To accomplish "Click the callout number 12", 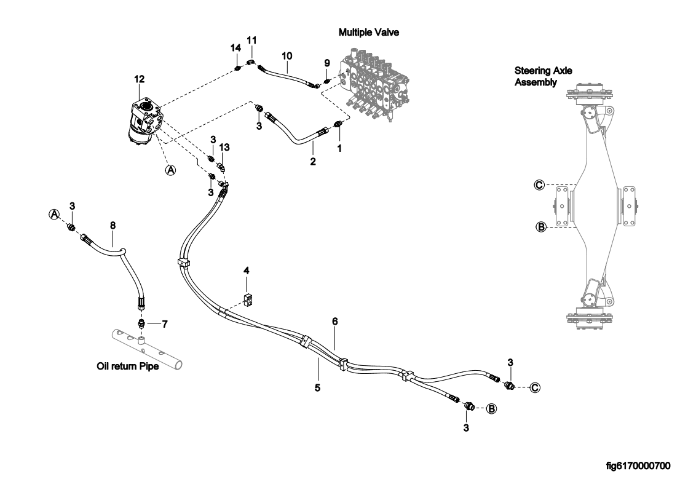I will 140,79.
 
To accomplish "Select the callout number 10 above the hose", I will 287,55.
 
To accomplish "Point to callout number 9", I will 327,62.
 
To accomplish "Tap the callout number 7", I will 164,323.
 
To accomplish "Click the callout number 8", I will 113,226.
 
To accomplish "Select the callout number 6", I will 335,321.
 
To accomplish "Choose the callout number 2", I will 313,162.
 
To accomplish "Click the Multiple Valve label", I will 369,33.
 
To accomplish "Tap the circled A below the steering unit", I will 171,170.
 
